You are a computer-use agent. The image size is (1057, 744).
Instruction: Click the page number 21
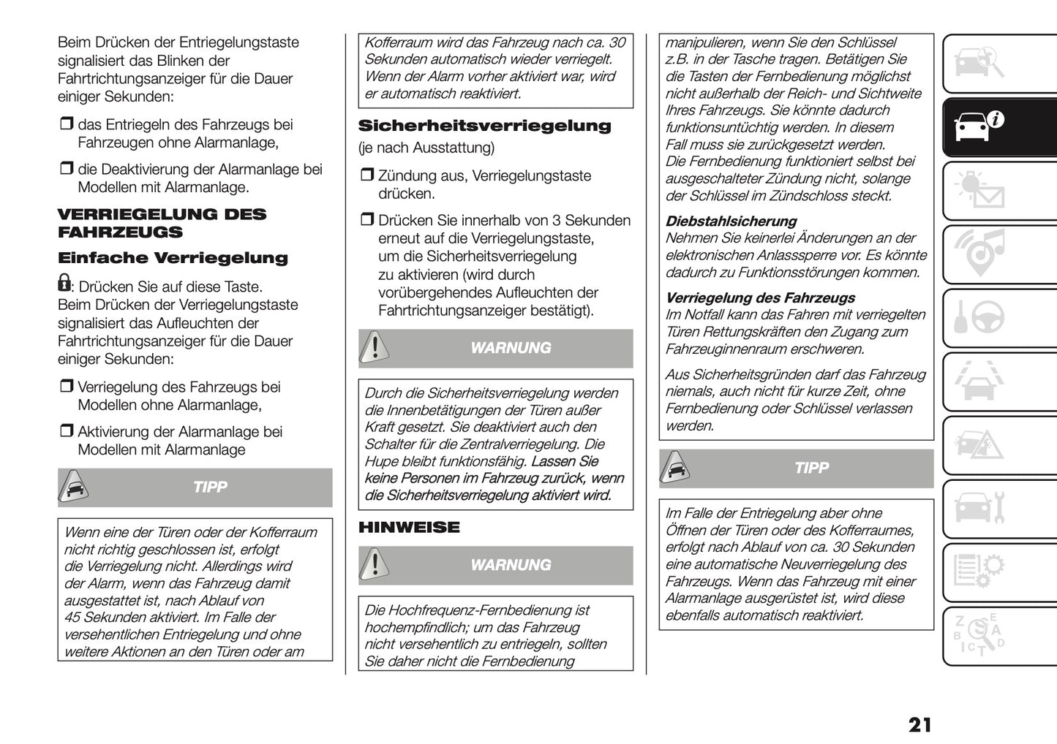919,724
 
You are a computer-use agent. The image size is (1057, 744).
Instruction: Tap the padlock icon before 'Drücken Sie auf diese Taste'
64,283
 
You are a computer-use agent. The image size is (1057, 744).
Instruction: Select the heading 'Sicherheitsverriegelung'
484,126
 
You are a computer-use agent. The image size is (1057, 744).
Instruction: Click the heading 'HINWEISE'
409,527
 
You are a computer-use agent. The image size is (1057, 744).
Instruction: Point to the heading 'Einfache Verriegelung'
173,258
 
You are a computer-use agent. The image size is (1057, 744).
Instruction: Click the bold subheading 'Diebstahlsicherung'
731,221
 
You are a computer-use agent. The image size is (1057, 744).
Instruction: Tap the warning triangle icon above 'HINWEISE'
375,348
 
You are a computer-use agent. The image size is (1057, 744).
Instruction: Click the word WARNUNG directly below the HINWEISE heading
511,565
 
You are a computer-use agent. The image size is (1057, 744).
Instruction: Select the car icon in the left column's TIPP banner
74,487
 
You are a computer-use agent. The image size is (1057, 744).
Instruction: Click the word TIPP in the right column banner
811,468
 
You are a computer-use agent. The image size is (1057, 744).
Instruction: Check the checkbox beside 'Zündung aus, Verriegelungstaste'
366,176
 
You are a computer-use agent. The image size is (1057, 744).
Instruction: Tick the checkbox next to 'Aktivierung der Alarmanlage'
67,432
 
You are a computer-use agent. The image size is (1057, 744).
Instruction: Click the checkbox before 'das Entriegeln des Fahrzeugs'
67,125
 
